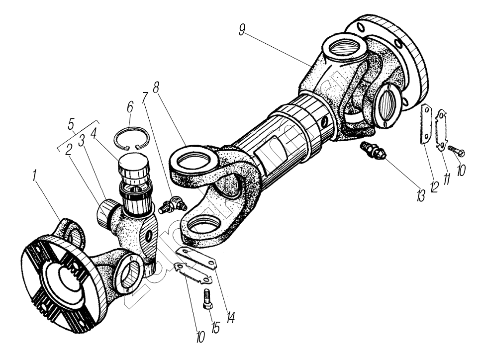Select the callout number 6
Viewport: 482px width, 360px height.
click(130, 106)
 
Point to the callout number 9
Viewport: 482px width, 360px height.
click(241, 30)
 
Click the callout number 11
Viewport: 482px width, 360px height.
click(446, 177)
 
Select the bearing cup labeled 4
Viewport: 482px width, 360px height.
click(133, 167)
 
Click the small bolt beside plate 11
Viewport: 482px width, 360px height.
click(456, 150)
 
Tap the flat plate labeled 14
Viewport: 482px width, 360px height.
click(198, 259)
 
